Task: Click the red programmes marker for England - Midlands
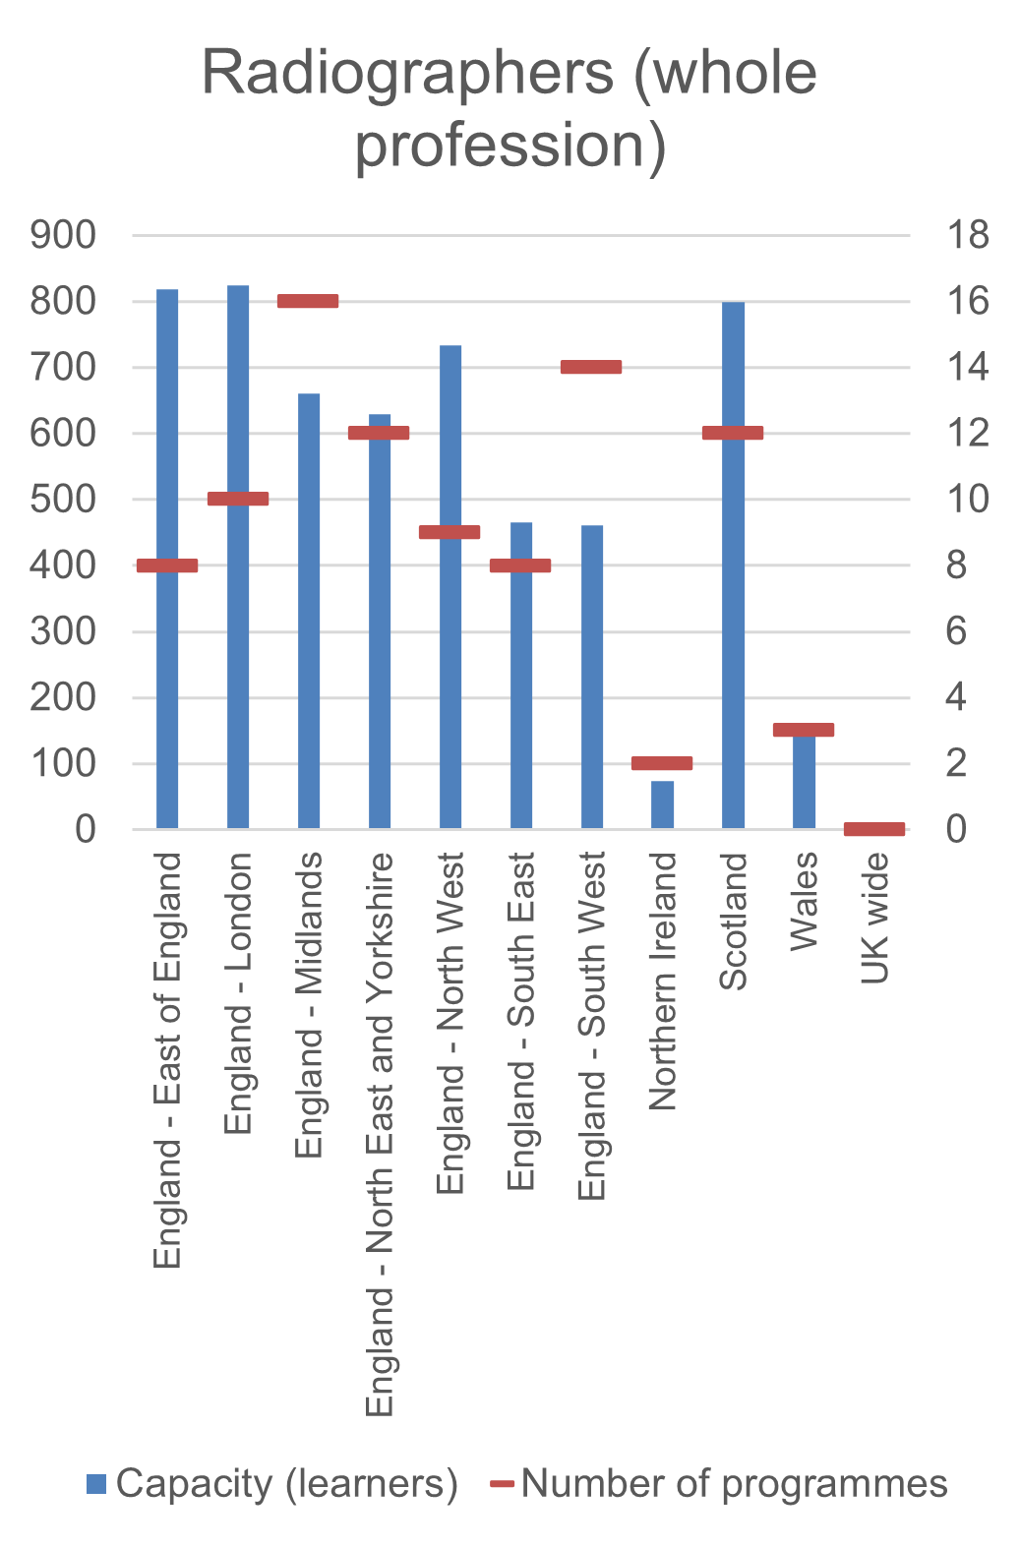coord(308,301)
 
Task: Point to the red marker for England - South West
coord(591,367)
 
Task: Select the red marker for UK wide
coord(874,829)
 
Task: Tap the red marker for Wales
coord(804,730)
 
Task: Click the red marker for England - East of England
coord(167,565)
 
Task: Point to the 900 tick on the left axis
coord(64,235)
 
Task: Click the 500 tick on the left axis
coord(64,500)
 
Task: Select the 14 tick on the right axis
coord(967,368)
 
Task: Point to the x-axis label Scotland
coord(734,921)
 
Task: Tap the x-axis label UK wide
coord(874,918)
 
